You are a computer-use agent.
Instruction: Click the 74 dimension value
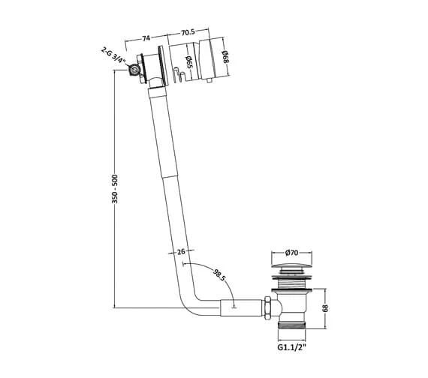146,38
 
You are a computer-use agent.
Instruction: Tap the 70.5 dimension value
188,32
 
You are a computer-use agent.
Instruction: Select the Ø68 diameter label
225,57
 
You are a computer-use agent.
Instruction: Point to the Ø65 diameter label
188,62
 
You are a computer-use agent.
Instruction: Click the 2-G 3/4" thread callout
113,56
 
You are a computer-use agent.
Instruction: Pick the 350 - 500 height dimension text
115,189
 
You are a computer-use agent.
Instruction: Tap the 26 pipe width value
181,251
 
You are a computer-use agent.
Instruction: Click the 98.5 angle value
219,275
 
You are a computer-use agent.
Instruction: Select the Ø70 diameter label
291,253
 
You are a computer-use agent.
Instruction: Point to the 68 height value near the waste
325,308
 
